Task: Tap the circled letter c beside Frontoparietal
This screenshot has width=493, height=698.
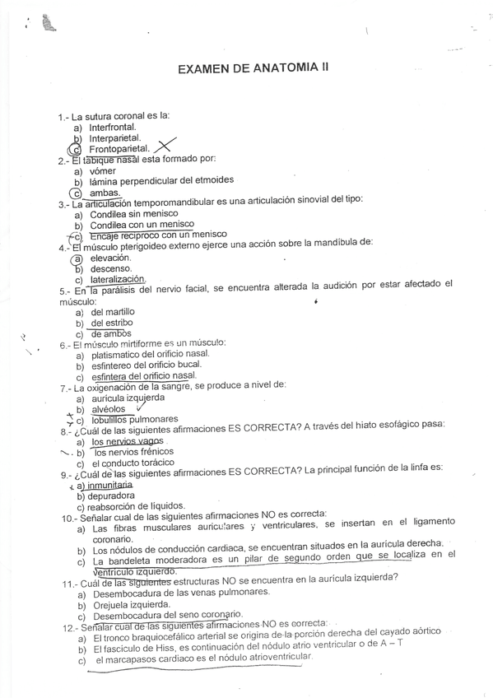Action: coord(76,150)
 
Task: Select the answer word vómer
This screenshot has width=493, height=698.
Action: coord(102,170)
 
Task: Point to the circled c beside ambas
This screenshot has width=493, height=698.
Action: coord(76,193)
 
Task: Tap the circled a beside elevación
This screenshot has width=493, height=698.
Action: coord(78,257)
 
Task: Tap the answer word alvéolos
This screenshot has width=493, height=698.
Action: coord(109,408)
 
